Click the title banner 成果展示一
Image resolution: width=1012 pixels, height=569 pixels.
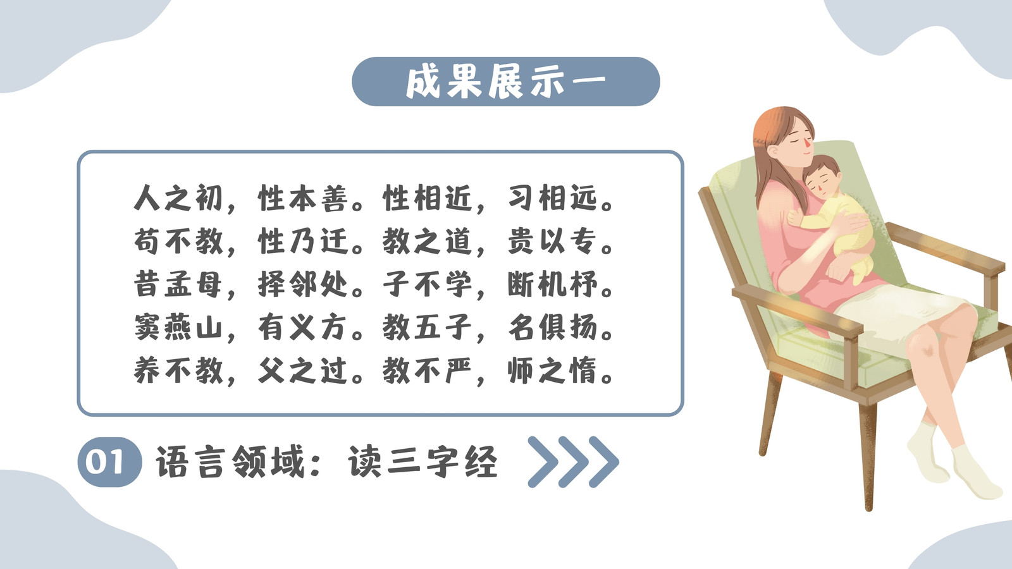coord(505,82)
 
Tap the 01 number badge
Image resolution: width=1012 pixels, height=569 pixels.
coord(109,462)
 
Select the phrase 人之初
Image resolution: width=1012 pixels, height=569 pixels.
coord(178,198)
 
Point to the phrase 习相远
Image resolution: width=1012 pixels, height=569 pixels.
coord(552,198)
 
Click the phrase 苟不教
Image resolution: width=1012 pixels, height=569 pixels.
coord(178,241)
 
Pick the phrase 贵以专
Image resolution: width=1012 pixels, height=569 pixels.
coord(552,241)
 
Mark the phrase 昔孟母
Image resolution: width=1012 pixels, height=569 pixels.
coord(178,284)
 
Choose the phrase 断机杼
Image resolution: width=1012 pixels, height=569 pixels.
coord(552,284)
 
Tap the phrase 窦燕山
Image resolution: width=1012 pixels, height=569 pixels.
coord(178,327)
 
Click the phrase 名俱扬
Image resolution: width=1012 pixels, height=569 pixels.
coord(552,327)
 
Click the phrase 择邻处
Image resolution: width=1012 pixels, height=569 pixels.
coord(303,284)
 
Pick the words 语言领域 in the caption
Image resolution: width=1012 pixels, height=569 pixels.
coord(230,462)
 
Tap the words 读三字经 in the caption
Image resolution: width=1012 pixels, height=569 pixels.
coord(423,462)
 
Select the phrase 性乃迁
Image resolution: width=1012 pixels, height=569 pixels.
coord(303,241)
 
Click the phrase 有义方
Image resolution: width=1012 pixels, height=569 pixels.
coord(303,327)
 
